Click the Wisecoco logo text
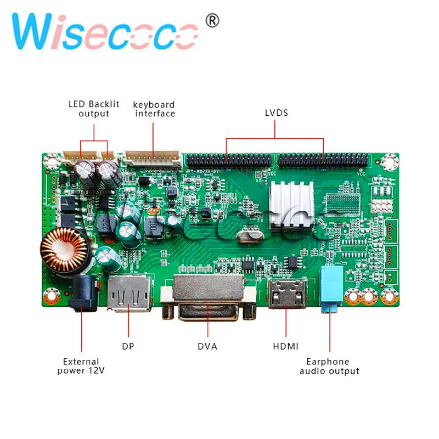[105, 31]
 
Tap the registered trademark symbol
[212, 21]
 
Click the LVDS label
[275, 113]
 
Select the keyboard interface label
[154, 109]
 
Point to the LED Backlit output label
[94, 109]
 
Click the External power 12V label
[81, 366]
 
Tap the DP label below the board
[128, 346]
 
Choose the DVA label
[207, 346]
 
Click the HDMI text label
[285, 346]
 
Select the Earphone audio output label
[329, 366]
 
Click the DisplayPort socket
[130, 292]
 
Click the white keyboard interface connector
[153, 159]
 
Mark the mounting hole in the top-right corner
[389, 162]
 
